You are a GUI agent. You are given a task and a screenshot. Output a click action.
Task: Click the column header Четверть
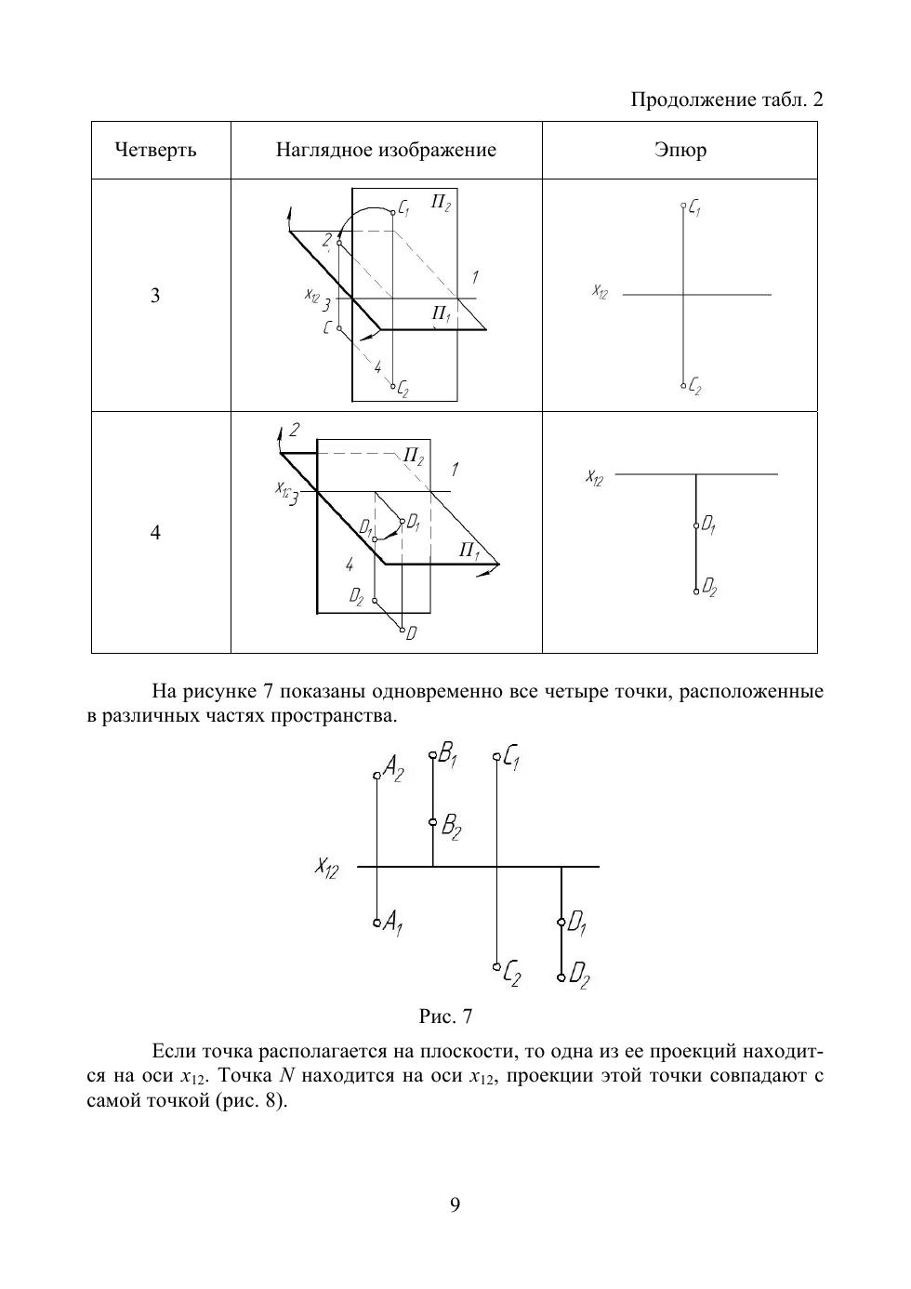click(x=155, y=150)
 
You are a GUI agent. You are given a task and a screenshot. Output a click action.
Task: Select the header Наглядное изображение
click(x=386, y=150)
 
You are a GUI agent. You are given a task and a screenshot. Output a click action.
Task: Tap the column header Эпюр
click(x=680, y=150)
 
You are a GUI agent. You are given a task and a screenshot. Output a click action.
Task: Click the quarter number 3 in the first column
click(x=155, y=296)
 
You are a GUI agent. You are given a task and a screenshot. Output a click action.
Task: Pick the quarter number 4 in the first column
click(x=155, y=533)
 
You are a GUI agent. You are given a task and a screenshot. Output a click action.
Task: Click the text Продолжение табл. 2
click(x=727, y=100)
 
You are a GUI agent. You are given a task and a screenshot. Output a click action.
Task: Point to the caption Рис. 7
click(x=446, y=1016)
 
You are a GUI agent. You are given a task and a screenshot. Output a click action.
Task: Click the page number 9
click(x=455, y=1205)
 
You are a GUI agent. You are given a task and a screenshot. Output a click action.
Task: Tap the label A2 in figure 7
click(x=393, y=769)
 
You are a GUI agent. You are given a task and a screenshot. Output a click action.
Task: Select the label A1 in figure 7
click(x=393, y=923)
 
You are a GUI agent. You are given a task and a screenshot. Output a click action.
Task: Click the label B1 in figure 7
click(x=449, y=755)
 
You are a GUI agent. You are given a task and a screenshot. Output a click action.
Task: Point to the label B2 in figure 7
click(x=452, y=826)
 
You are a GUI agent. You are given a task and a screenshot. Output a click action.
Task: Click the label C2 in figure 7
click(x=511, y=975)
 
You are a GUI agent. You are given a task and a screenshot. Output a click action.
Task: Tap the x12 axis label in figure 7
click(x=326, y=868)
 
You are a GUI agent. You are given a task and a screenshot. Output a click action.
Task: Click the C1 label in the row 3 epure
click(x=694, y=210)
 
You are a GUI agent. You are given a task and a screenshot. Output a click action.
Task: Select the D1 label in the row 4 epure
click(x=708, y=526)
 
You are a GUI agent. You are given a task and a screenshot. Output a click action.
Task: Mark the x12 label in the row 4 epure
click(x=595, y=478)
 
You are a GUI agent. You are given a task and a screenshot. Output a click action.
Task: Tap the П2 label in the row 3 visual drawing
click(x=441, y=203)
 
